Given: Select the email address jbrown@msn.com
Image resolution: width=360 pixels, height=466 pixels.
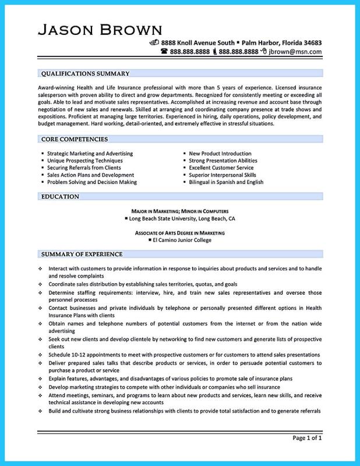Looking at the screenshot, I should (296, 52).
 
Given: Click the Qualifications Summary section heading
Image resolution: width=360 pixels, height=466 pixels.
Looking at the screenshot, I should (84, 73).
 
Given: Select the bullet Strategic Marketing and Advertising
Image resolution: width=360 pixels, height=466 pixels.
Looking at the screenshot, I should (90, 153).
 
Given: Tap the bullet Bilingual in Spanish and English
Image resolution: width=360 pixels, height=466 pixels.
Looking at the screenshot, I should (225, 182).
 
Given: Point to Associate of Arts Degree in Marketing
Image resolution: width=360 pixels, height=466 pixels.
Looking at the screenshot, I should (179, 232).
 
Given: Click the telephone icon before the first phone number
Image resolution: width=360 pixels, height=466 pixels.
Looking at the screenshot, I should (164, 52).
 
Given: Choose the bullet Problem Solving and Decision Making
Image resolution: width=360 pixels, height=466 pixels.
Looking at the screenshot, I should (93, 182).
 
